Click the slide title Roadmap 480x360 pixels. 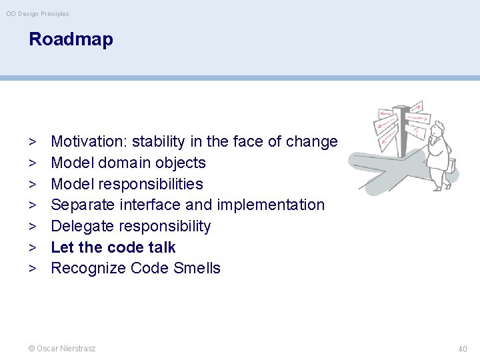(x=71, y=39)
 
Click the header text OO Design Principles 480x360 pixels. (x=37, y=13)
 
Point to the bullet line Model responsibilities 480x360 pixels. (x=127, y=184)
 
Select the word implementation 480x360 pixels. (x=271, y=205)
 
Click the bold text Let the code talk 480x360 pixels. (x=113, y=247)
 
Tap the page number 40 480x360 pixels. (x=463, y=349)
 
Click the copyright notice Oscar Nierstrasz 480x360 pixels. (x=62, y=349)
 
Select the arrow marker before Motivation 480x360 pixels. (x=32, y=141)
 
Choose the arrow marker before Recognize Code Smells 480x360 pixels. (x=32, y=268)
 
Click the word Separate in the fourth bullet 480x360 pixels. (x=79, y=205)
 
